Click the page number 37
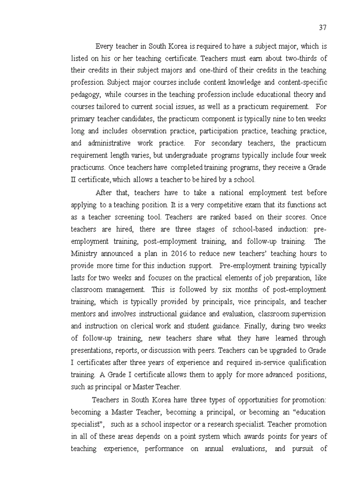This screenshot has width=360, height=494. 322,27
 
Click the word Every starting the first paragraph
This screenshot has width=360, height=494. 106,46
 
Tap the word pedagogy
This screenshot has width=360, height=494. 86,95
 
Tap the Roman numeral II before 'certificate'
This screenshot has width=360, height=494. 73,180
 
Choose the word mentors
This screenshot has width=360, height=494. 83,314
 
